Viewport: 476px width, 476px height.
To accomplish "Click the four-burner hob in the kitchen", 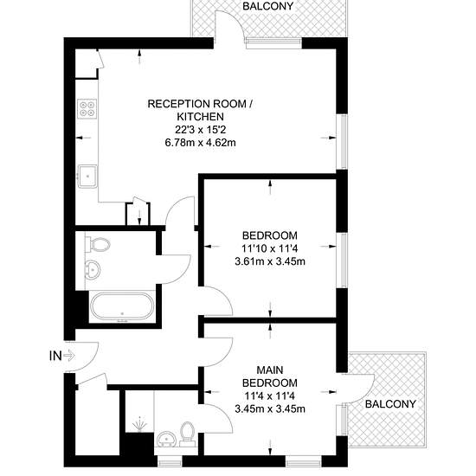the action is [x=87, y=109].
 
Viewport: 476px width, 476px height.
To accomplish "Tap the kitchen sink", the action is [x=87, y=176].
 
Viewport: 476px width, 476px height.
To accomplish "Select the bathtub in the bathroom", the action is [x=122, y=306].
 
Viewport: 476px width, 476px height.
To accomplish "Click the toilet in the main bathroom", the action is [x=98, y=245].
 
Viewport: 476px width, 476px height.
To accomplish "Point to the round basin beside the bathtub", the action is [x=93, y=269].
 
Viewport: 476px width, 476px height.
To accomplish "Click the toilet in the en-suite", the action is [x=187, y=434].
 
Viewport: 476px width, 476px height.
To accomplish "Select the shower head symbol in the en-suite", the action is [x=140, y=424].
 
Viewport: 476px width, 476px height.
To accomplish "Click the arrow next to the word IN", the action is [x=69, y=356].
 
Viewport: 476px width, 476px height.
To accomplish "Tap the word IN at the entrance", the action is [x=55, y=356].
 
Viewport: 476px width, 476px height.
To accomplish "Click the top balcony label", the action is [x=268, y=6].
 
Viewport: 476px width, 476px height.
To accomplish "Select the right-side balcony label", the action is [x=390, y=404].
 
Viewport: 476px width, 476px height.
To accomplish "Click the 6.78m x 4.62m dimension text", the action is [x=201, y=143].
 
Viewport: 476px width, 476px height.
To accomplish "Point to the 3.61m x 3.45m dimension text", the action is [x=270, y=261].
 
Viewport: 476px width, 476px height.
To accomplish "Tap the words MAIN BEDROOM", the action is [x=270, y=376].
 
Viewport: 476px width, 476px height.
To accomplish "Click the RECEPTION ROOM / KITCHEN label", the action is [x=201, y=110].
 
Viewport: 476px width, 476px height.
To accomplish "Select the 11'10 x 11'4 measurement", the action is [x=270, y=248].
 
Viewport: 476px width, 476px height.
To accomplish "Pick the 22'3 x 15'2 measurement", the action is [x=201, y=130].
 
